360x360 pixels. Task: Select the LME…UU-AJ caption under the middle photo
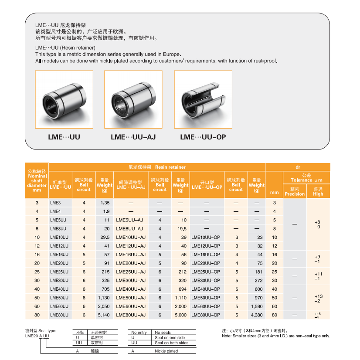pos(133,137)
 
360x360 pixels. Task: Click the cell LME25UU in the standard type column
pos(59,272)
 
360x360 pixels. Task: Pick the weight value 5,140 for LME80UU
pos(103,315)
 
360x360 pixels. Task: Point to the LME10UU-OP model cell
pos(206,237)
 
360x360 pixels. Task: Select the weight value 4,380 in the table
pos(257,315)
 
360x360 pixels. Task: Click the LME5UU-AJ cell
pos(129,220)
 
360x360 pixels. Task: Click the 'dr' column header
pos(298,167)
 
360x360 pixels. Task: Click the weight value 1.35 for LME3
pos(104,203)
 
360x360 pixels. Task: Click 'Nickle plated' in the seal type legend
pos(166,351)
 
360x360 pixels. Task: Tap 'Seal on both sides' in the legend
pos(172,343)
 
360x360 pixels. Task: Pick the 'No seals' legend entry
pos(163,333)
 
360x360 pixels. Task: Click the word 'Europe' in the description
pos(171,54)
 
